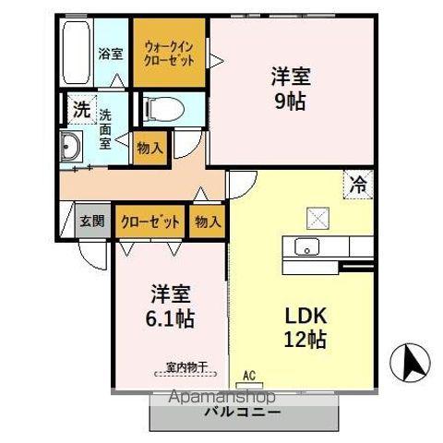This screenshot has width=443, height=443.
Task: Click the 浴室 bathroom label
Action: [x=111, y=54]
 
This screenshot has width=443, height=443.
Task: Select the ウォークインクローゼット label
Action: [x=168, y=53]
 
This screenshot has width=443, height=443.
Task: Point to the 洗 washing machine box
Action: [x=81, y=109]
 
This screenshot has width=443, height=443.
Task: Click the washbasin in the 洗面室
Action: [x=72, y=148]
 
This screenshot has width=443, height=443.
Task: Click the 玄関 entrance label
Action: [x=91, y=221]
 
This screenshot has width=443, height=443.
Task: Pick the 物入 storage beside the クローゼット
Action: [x=209, y=221]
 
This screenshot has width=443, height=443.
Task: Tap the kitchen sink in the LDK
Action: [x=305, y=247]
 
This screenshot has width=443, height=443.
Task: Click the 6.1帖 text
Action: [x=170, y=318]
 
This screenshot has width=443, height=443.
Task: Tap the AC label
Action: [x=248, y=375]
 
